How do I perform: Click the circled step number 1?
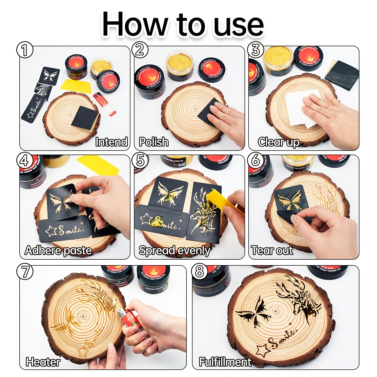tap(25, 50)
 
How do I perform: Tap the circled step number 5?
tap(140, 160)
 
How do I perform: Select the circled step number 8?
tap(199, 271)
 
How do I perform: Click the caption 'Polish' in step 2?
tap(154, 142)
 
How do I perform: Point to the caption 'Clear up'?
tap(278, 142)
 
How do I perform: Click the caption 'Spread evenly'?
tap(174, 251)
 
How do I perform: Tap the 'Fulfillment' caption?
tap(225, 362)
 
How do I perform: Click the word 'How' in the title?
tap(134, 25)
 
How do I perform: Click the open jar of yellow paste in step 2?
tap(179, 64)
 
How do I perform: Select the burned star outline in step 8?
tap(262, 350)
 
